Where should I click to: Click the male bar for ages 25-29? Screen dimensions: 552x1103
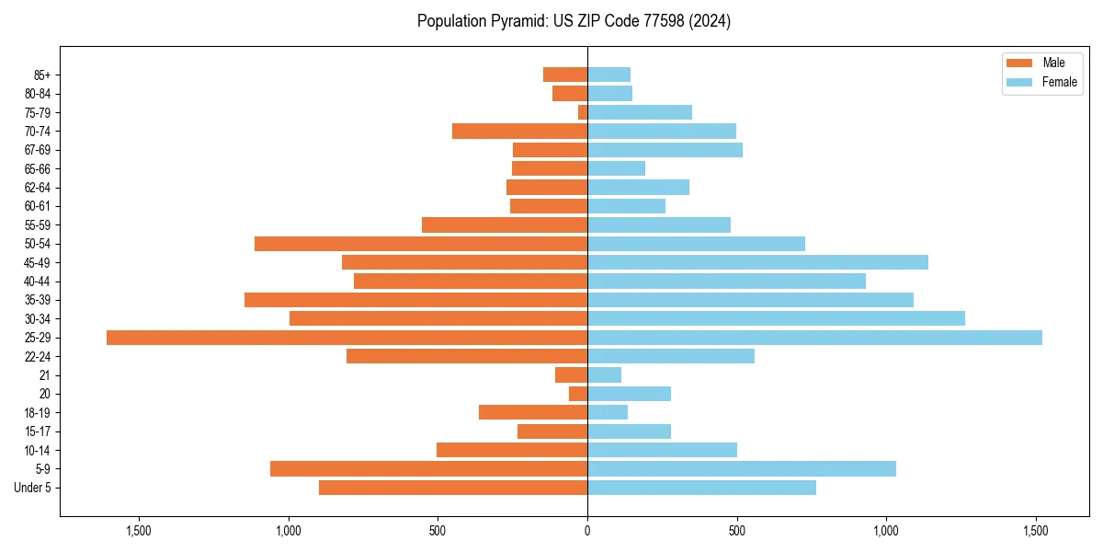pos(347,338)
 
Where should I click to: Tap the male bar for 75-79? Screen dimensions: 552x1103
pos(583,112)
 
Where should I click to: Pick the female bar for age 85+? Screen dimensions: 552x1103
pos(608,75)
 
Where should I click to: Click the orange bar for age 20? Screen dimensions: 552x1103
pos(578,394)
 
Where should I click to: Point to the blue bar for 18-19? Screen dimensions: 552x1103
pos(608,412)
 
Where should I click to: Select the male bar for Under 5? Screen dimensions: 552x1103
pos(453,488)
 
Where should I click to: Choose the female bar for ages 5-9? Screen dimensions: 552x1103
pos(742,468)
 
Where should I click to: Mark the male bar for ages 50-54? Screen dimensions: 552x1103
pos(421,244)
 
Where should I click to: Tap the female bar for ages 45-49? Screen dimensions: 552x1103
pos(757,262)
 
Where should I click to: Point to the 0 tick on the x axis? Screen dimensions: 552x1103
pos(587,532)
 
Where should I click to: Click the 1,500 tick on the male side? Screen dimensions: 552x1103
pos(139,532)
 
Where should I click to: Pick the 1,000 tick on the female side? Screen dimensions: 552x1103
pos(886,532)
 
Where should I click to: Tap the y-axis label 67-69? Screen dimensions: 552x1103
pos(38,150)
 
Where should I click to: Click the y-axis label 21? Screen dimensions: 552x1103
pos(45,375)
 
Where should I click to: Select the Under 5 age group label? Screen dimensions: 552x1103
pos(33,488)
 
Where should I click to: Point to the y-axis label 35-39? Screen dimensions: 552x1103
pos(38,300)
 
